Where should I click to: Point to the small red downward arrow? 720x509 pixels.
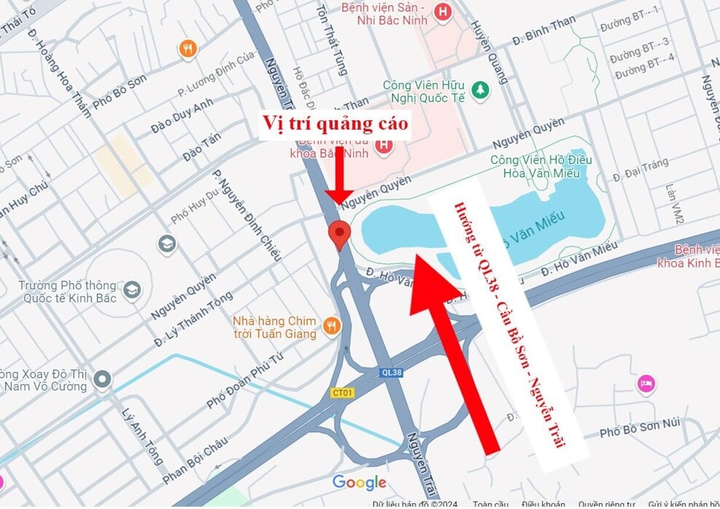click(x=337, y=175)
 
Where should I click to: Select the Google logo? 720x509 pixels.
click(x=359, y=483)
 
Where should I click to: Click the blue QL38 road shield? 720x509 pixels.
click(x=391, y=371)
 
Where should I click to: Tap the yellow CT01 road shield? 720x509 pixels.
click(x=342, y=392)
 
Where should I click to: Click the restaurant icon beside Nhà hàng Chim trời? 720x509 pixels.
click(x=332, y=325)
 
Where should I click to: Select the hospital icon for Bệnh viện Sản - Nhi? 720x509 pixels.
click(x=442, y=12)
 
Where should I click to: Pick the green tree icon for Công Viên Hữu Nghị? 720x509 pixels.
click(x=480, y=90)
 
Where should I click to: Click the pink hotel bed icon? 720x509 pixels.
click(x=646, y=383)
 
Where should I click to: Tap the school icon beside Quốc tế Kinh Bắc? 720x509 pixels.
click(x=131, y=290)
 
